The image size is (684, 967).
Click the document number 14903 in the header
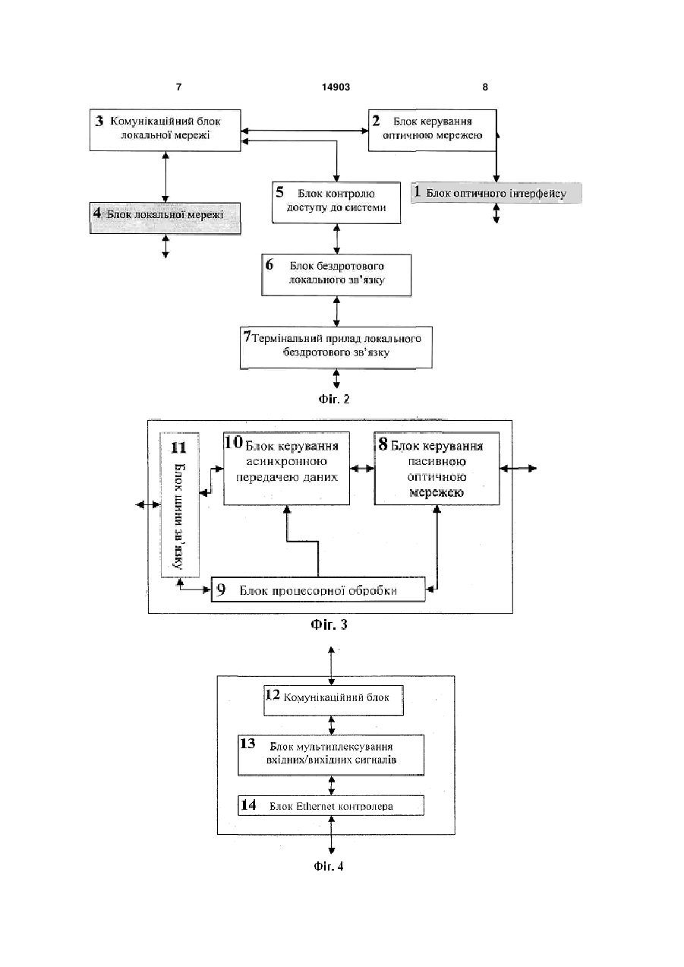coord(336,87)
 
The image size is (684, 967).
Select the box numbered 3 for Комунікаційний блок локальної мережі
coord(165,130)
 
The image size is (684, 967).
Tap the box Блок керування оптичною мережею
coord(432,130)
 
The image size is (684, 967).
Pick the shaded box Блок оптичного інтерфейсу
coord(496,193)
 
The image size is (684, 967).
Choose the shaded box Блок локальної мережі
coord(165,218)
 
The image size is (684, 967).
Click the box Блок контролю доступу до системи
coord(336,203)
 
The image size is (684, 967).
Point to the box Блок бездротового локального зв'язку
coord(336,275)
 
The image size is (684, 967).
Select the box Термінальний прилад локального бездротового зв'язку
coord(336,347)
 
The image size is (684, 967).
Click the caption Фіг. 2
coord(334,400)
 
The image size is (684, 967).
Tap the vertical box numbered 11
coord(180,504)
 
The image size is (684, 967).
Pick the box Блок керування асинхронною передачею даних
coord(286,469)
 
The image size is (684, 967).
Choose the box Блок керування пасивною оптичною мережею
coord(437,469)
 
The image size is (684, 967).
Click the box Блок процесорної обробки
coord(318,589)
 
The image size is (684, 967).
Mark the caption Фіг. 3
coord(329,624)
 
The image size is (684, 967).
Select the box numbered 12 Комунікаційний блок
coord(333,700)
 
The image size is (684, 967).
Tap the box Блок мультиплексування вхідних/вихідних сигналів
coord(331,755)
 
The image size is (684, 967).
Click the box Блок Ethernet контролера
coord(331,805)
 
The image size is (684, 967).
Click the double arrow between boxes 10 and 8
coord(362,469)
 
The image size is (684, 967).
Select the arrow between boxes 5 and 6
coord(336,239)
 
